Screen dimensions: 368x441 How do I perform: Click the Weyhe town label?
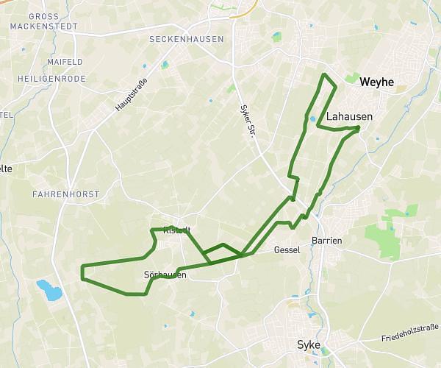click(x=377, y=82)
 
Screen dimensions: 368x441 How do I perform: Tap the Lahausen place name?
click(x=349, y=116)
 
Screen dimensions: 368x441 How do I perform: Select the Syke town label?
click(x=309, y=344)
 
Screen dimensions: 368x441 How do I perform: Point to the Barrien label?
click(x=327, y=240)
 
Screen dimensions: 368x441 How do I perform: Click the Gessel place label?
click(x=287, y=250)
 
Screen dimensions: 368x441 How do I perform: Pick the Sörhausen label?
click(x=165, y=275)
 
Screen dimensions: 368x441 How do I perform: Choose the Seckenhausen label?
click(x=186, y=39)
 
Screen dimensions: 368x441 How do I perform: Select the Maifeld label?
click(x=64, y=62)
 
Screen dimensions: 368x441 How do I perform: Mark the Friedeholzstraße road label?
click(x=410, y=331)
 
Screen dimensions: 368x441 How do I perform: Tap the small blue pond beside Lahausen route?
click(x=312, y=118)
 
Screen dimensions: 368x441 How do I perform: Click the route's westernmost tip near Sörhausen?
click(x=81, y=272)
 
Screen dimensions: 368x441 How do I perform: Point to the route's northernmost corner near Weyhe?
click(x=324, y=75)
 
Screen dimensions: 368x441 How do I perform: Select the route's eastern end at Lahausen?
click(x=358, y=128)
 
